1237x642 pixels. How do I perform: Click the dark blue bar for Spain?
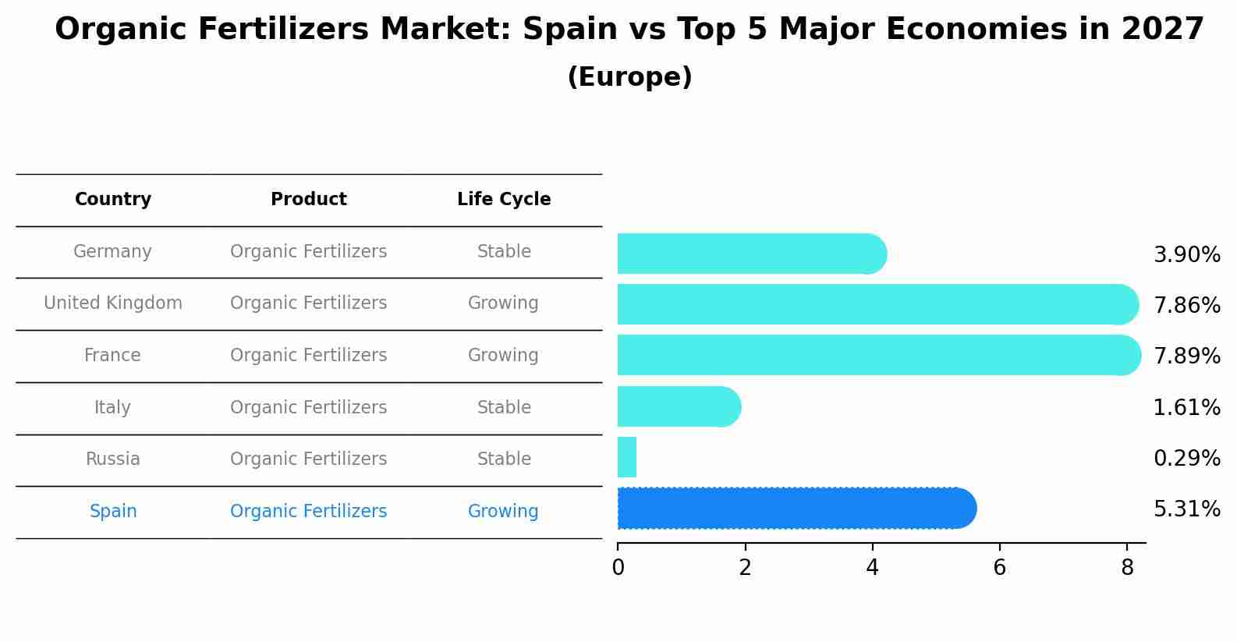[x=796, y=509]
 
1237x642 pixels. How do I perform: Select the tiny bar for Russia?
[x=627, y=457]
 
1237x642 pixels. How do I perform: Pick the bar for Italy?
[x=678, y=406]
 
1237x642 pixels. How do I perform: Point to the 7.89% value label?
[x=1186, y=356]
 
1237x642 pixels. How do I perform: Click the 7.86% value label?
[x=1186, y=306]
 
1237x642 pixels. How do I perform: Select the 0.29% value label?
[x=1186, y=459]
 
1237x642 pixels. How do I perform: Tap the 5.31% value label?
[x=1186, y=509]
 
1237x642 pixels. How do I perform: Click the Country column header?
[x=113, y=200]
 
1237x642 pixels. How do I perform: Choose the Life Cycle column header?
[x=504, y=200]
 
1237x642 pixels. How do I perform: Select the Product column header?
[x=309, y=200]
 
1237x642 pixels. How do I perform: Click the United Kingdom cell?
[x=113, y=303]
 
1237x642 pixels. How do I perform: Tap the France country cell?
[x=113, y=356]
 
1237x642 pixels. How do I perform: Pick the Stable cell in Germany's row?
[x=504, y=252]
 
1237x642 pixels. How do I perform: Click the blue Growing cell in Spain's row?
[x=503, y=512]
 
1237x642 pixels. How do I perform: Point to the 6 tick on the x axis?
[x=999, y=568]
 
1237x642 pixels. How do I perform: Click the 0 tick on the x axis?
[x=618, y=568]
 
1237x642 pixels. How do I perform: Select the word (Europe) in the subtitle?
[x=629, y=77]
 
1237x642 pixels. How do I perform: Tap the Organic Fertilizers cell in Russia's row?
[x=309, y=459]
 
